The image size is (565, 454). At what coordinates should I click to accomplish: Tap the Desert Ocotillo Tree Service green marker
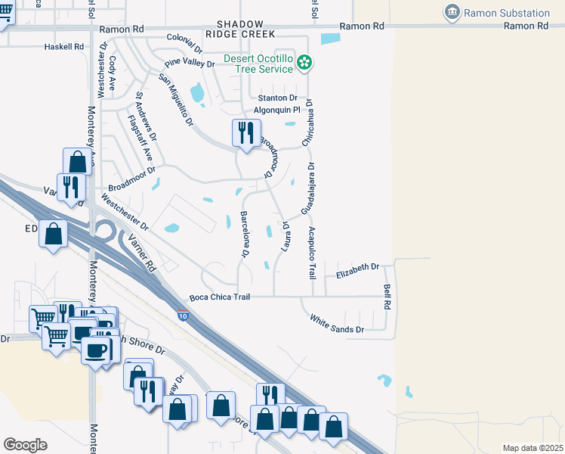pyautogui.click(x=304, y=63)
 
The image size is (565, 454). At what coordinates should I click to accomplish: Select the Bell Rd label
pyautogui.click(x=387, y=296)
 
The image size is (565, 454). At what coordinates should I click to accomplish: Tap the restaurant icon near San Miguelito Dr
pyautogui.click(x=246, y=133)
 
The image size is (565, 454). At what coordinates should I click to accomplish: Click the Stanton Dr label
pyautogui.click(x=277, y=98)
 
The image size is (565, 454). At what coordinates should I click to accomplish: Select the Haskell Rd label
pyautogui.click(x=63, y=46)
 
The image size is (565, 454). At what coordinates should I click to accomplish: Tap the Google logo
pyautogui.click(x=25, y=445)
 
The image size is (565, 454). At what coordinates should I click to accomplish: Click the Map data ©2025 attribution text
pyautogui.click(x=533, y=448)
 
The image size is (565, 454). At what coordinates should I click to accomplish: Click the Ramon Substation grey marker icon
pyautogui.click(x=452, y=12)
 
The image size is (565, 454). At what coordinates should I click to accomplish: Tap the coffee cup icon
pyautogui.click(x=96, y=350)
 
